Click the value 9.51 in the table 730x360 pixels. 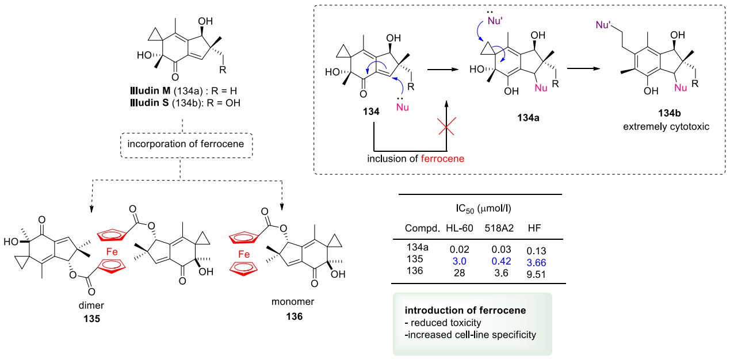coord(537,273)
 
